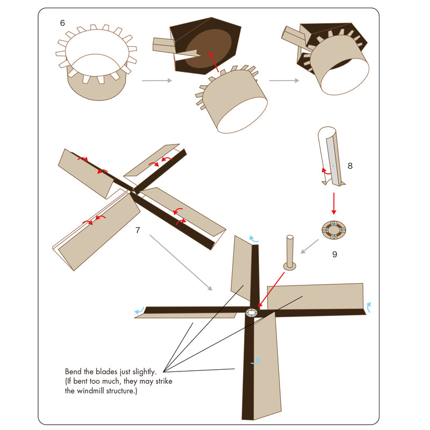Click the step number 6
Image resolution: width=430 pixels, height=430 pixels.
[x=62, y=23]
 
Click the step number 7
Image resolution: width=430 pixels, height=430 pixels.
[x=138, y=230]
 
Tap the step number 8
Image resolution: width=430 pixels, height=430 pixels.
[x=350, y=166]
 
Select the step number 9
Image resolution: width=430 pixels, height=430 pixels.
[x=334, y=254]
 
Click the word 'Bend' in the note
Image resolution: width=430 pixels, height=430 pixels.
[x=74, y=371]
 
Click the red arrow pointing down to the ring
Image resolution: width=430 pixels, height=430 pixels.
[x=334, y=204]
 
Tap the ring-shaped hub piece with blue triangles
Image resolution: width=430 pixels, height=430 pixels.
[x=334, y=230]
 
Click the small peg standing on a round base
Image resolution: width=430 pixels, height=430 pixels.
[x=290, y=253]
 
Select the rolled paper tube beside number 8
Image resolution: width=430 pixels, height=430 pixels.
[x=331, y=156]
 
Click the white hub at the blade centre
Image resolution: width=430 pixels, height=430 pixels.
[x=252, y=313]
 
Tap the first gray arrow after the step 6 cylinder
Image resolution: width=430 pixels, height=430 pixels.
[x=157, y=80]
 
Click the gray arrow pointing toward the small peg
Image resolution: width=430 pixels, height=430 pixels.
[x=310, y=246]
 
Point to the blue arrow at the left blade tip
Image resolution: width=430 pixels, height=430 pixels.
[x=139, y=311]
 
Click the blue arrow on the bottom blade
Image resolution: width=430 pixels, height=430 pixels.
[x=256, y=361]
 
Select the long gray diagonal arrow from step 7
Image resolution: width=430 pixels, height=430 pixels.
[x=181, y=262]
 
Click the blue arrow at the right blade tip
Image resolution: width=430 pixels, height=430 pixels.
[x=369, y=307]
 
